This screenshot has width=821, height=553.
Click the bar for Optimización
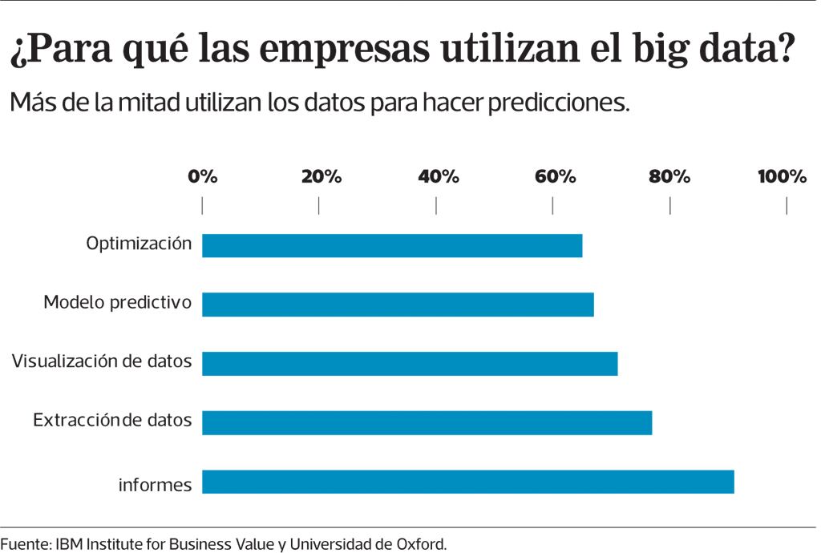392,245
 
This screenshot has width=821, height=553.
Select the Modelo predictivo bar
398,305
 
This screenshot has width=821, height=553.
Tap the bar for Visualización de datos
410,364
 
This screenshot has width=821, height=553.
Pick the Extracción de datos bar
427,422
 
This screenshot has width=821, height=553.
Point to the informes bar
468,482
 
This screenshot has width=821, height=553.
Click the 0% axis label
203,177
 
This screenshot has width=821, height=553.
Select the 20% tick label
321,177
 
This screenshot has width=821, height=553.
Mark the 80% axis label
669,177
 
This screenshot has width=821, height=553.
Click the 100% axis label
782,177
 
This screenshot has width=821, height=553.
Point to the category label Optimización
139,243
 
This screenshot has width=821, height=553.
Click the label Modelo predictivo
117,302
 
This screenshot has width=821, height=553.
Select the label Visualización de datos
102,361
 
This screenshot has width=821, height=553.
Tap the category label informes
156,485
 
